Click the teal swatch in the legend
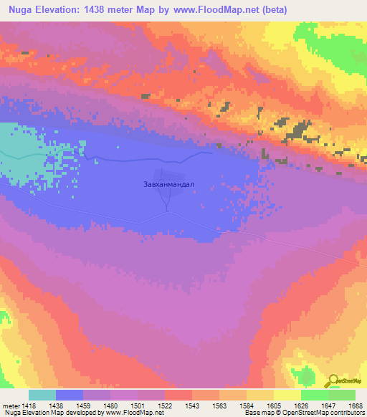[42, 395]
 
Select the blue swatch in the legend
[70, 395]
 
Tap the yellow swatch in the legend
[287, 395]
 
